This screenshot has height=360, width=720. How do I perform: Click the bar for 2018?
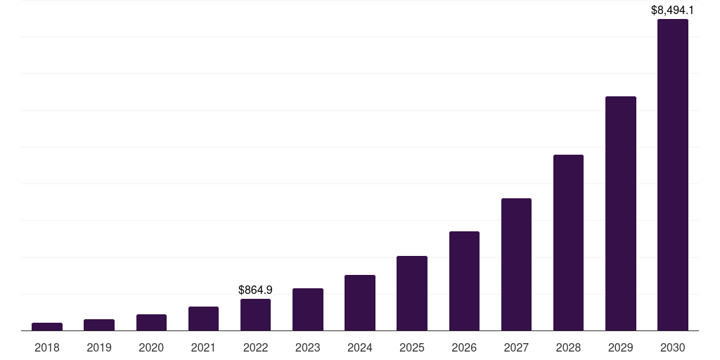pyautogui.click(x=47, y=326)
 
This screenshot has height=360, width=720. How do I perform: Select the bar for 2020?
pyautogui.click(x=151, y=322)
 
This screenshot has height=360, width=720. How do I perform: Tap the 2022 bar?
pyautogui.click(x=255, y=314)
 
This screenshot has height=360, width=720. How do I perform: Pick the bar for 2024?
pyautogui.click(x=360, y=302)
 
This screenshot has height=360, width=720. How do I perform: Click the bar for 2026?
pyautogui.click(x=464, y=281)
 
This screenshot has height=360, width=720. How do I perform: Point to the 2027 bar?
pyautogui.click(x=516, y=264)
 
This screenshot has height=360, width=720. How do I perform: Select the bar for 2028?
pyautogui.click(x=568, y=243)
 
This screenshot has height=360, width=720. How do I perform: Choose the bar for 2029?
pyautogui.click(x=621, y=214)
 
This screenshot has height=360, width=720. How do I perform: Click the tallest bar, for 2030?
pyautogui.click(x=673, y=175)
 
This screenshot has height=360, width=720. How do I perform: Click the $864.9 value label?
pyautogui.click(x=255, y=290)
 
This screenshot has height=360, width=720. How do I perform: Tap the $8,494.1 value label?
pyautogui.click(x=673, y=10)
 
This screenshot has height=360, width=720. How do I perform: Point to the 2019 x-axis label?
pyautogui.click(x=99, y=347)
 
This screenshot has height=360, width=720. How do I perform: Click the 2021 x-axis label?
pyautogui.click(x=203, y=347)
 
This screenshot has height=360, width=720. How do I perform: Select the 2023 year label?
pyautogui.click(x=308, y=347)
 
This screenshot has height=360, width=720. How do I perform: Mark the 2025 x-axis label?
pyautogui.click(x=412, y=347)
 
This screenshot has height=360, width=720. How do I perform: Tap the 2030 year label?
pyautogui.click(x=673, y=347)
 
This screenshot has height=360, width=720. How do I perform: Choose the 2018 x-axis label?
pyautogui.click(x=47, y=347)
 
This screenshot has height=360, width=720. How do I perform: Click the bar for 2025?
pyautogui.click(x=412, y=293)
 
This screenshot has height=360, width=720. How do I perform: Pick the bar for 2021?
pyautogui.click(x=203, y=319)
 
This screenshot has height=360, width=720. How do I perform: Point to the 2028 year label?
pyautogui.click(x=568, y=347)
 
